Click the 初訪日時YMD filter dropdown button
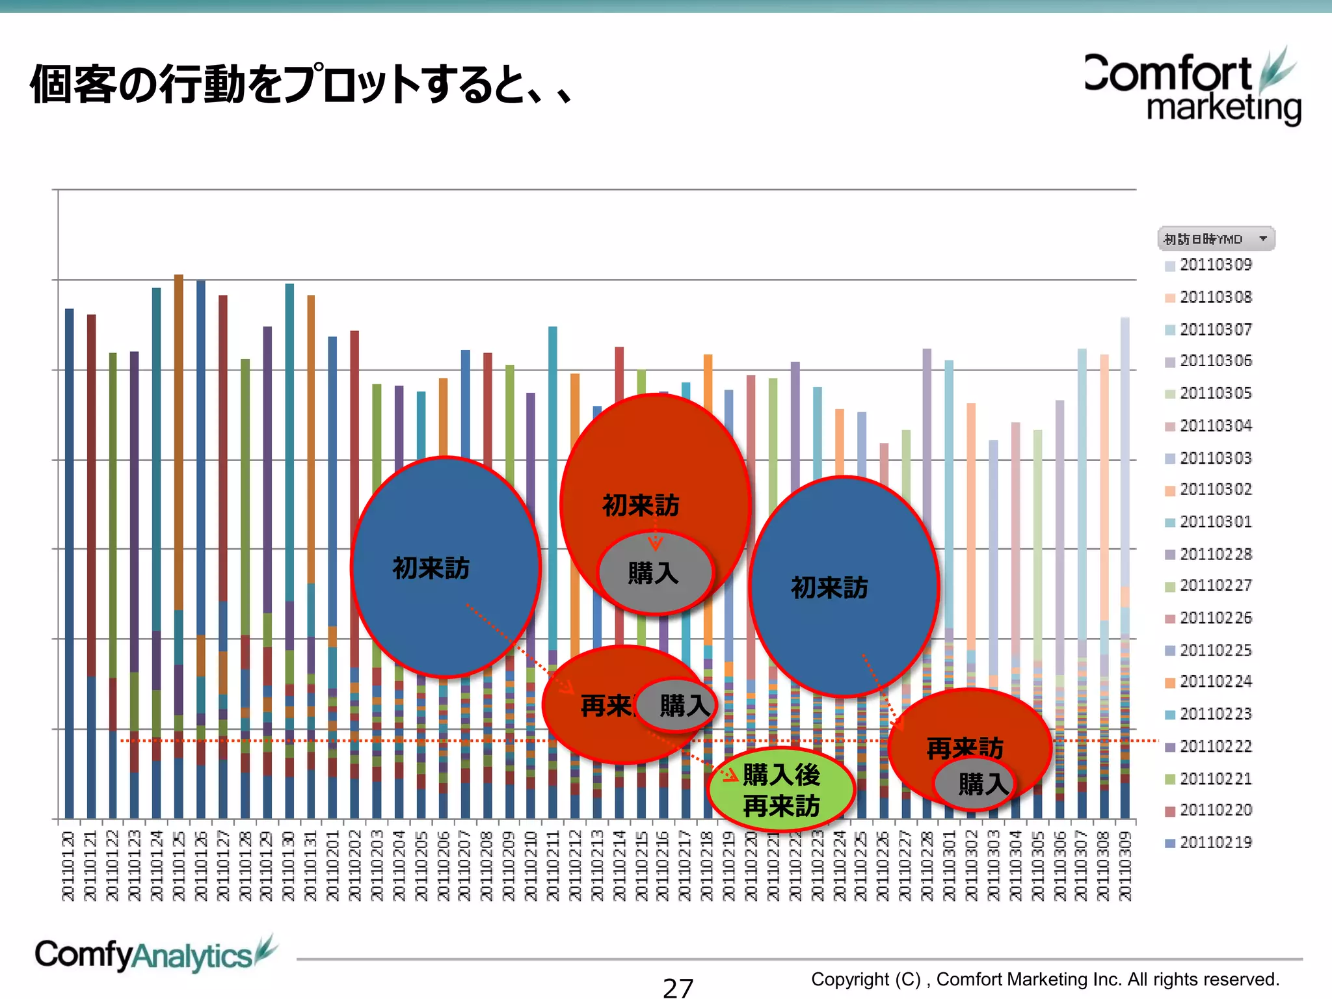[x=1262, y=239]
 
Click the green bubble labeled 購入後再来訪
[x=781, y=790]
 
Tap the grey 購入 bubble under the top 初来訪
[x=654, y=573]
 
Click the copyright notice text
[x=1045, y=979]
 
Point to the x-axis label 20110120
[x=68, y=866]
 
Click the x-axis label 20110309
[x=1125, y=866]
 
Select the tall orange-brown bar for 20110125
[x=179, y=442]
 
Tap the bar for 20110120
[x=69, y=559]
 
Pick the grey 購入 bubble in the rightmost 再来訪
[x=974, y=784]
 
